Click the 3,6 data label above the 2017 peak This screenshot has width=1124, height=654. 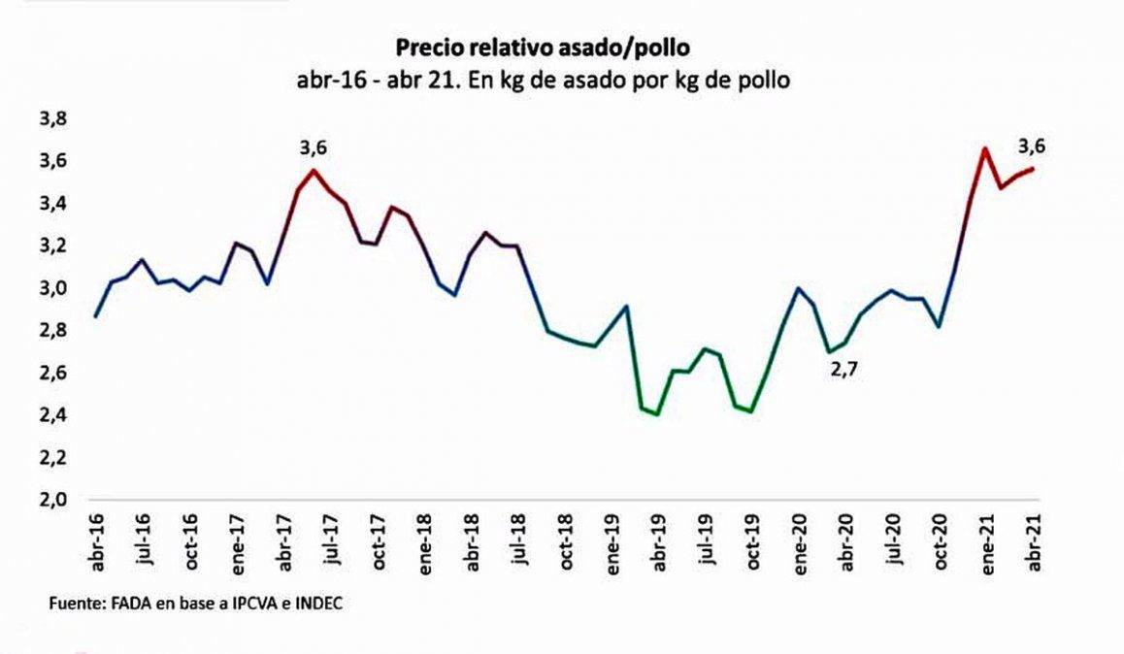313,147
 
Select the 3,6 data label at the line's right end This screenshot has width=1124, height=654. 1032,147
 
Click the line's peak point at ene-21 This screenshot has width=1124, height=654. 985,148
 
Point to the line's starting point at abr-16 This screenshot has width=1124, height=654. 96,316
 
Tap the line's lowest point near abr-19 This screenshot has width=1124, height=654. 658,413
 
